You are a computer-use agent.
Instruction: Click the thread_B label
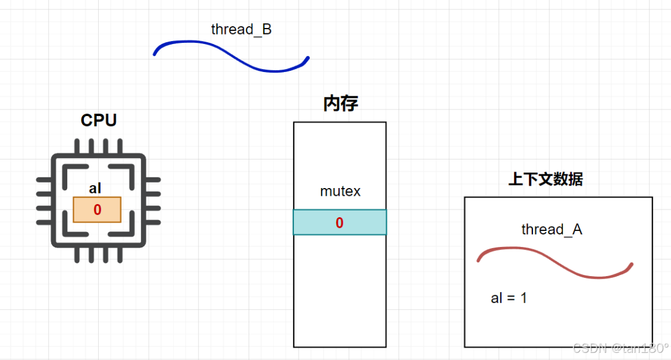coord(241,29)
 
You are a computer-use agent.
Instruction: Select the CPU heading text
coord(99,120)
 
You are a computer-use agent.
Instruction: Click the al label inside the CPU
coord(95,189)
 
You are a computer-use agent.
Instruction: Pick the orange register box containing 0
coord(97,209)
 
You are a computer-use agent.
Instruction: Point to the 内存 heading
coord(340,104)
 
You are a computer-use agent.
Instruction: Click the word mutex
coord(340,192)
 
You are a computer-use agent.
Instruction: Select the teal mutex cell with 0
coord(340,223)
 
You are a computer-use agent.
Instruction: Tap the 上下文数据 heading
coord(545,179)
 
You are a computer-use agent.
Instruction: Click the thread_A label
coord(551,229)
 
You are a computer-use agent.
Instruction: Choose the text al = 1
coord(509,298)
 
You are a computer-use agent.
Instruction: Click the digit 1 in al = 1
coord(523,298)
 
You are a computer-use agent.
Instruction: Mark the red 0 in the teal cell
coord(340,223)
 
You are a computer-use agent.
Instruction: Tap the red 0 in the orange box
coord(98,209)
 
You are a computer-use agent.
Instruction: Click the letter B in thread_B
coord(267,29)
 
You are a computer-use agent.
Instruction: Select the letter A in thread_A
coord(576,229)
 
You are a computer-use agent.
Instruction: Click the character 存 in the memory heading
coord(349,104)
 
